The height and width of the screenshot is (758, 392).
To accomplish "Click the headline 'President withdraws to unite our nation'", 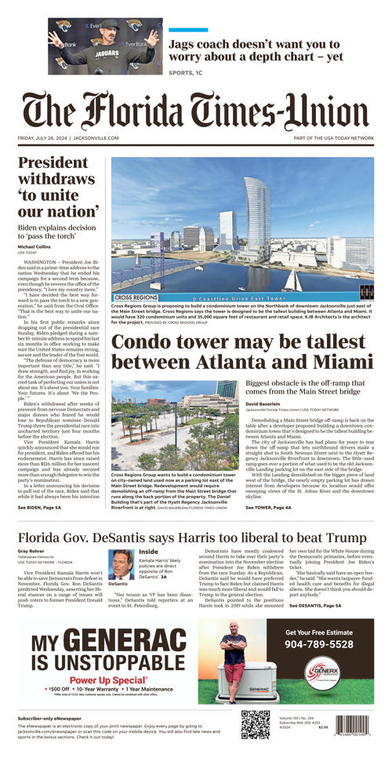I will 59,188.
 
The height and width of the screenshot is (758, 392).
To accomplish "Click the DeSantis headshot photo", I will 121,564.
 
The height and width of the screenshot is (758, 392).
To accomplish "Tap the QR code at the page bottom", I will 256,723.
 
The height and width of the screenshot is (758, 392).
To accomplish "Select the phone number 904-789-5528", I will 318,644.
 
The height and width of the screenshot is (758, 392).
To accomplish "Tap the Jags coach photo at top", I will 105,46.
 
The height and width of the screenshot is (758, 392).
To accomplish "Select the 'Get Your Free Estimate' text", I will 319,632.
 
